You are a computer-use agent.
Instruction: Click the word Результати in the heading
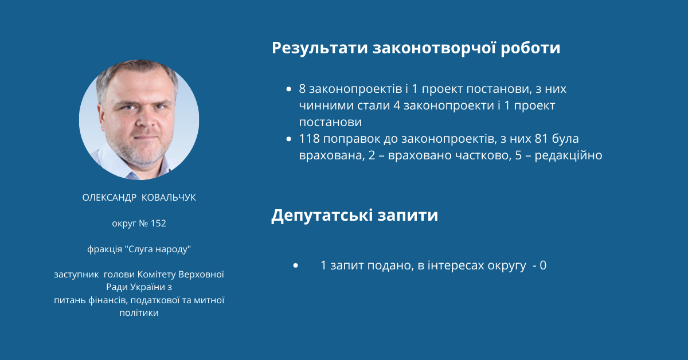coord(320,48)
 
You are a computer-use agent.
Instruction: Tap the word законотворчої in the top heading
coord(435,48)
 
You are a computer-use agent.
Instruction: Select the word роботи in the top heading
coord(530,48)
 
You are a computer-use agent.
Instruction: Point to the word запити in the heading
coord(408,215)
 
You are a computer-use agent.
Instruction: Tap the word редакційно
coord(568,155)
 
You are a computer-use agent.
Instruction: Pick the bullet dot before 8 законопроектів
coord(288,89)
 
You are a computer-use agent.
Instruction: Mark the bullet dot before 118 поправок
coord(288,139)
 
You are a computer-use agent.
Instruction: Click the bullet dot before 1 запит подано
coord(295,265)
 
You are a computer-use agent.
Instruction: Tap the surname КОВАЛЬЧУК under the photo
coord(169,198)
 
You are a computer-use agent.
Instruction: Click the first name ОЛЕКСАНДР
coord(110,198)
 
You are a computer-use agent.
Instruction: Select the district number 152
coord(158,224)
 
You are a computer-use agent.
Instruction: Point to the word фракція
coord(104,249)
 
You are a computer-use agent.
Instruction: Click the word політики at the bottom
coord(139,313)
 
